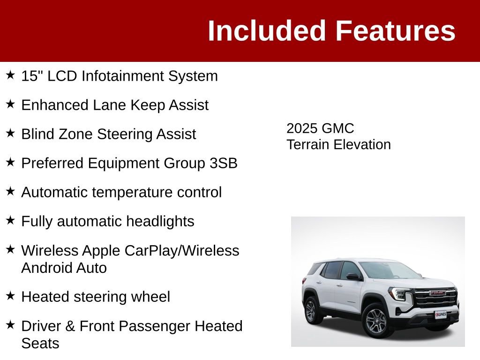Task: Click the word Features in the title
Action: click(395, 31)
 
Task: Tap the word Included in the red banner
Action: click(267, 31)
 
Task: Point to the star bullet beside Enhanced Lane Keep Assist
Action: click(10, 105)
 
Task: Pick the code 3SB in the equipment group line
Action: click(223, 163)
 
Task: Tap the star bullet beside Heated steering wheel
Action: click(10, 296)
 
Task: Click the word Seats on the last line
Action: click(40, 344)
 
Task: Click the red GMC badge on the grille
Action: click(437, 293)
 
